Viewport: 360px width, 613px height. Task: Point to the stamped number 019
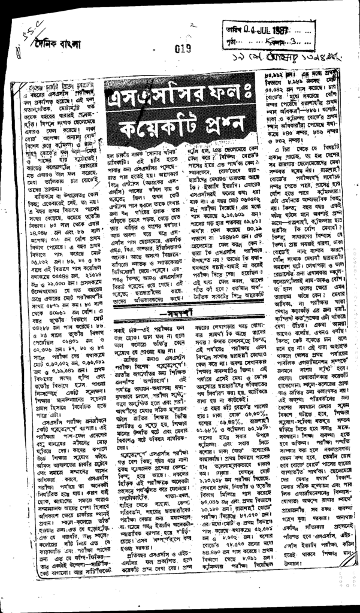182,49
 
